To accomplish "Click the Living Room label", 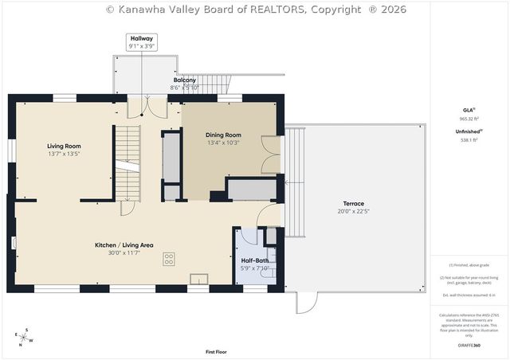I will click(x=64, y=146).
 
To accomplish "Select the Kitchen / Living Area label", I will click(x=124, y=245).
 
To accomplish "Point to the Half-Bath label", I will click(x=255, y=260).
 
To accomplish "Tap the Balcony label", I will click(x=185, y=80).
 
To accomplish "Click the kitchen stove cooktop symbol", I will click(x=170, y=258).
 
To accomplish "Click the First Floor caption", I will click(x=216, y=351).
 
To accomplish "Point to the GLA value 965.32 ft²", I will click(x=469, y=119).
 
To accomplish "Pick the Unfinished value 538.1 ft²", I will click(x=469, y=140).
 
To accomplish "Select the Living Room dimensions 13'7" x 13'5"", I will click(x=64, y=154).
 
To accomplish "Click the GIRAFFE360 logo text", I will click(x=469, y=345).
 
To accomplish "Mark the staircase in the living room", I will click(x=127, y=164).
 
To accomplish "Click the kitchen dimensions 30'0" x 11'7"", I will click(x=124, y=252).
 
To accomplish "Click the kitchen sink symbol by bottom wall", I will click(x=198, y=278).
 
